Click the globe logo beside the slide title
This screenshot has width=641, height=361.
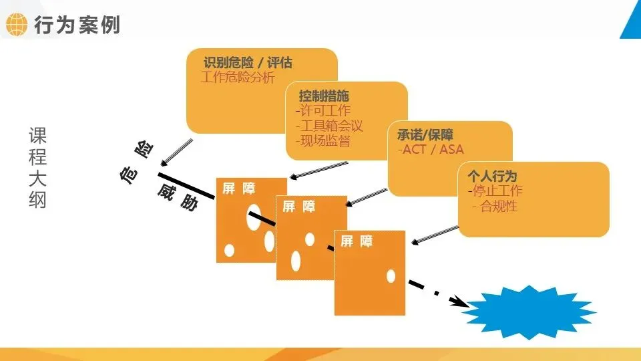pos(16,25)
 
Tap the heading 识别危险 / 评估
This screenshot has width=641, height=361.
pos(248,64)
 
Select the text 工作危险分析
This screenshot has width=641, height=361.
pos(238,78)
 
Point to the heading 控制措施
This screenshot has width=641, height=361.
pos(324,96)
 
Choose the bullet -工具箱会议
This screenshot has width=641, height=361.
pos(329,126)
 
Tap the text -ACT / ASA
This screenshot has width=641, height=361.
pos(431,149)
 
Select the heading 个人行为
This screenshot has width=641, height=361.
pos(492,176)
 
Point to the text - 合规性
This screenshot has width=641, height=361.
pos(495,207)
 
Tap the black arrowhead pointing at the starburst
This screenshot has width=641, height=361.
pos(459,301)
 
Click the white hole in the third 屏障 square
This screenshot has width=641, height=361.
pos(391,275)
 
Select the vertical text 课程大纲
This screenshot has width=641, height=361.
pos(37,167)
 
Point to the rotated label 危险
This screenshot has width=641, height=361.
pos(135,164)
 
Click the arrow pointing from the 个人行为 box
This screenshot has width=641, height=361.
pos(437,234)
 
